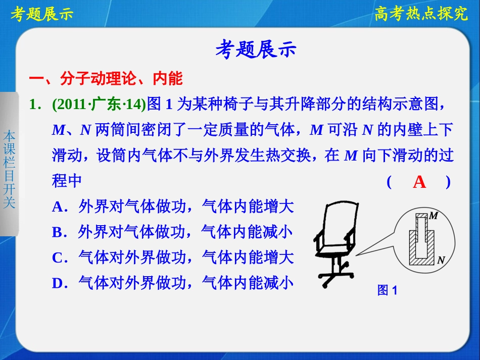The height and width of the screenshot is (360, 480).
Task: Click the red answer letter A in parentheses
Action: pyautogui.click(x=419, y=182)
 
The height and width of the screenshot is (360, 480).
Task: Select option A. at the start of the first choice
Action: pyautogui.click(x=60, y=207)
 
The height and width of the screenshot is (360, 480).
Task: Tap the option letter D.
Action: pyautogui.click(x=60, y=283)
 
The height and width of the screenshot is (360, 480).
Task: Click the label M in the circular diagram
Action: pyautogui.click(x=433, y=216)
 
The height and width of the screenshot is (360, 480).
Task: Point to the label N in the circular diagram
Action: pyautogui.click(x=441, y=261)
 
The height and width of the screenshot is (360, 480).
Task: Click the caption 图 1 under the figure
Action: pyautogui.click(x=387, y=290)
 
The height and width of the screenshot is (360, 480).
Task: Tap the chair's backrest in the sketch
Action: pyautogui.click(x=334, y=222)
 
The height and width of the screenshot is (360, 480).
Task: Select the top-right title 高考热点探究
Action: pyautogui.click(x=421, y=14)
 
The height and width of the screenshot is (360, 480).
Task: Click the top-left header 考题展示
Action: pyautogui.click(x=42, y=14)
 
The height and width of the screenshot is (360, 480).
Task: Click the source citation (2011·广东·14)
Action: pyautogui.click(x=99, y=105)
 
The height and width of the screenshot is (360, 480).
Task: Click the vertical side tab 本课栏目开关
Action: pyautogui.click(x=9, y=170)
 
